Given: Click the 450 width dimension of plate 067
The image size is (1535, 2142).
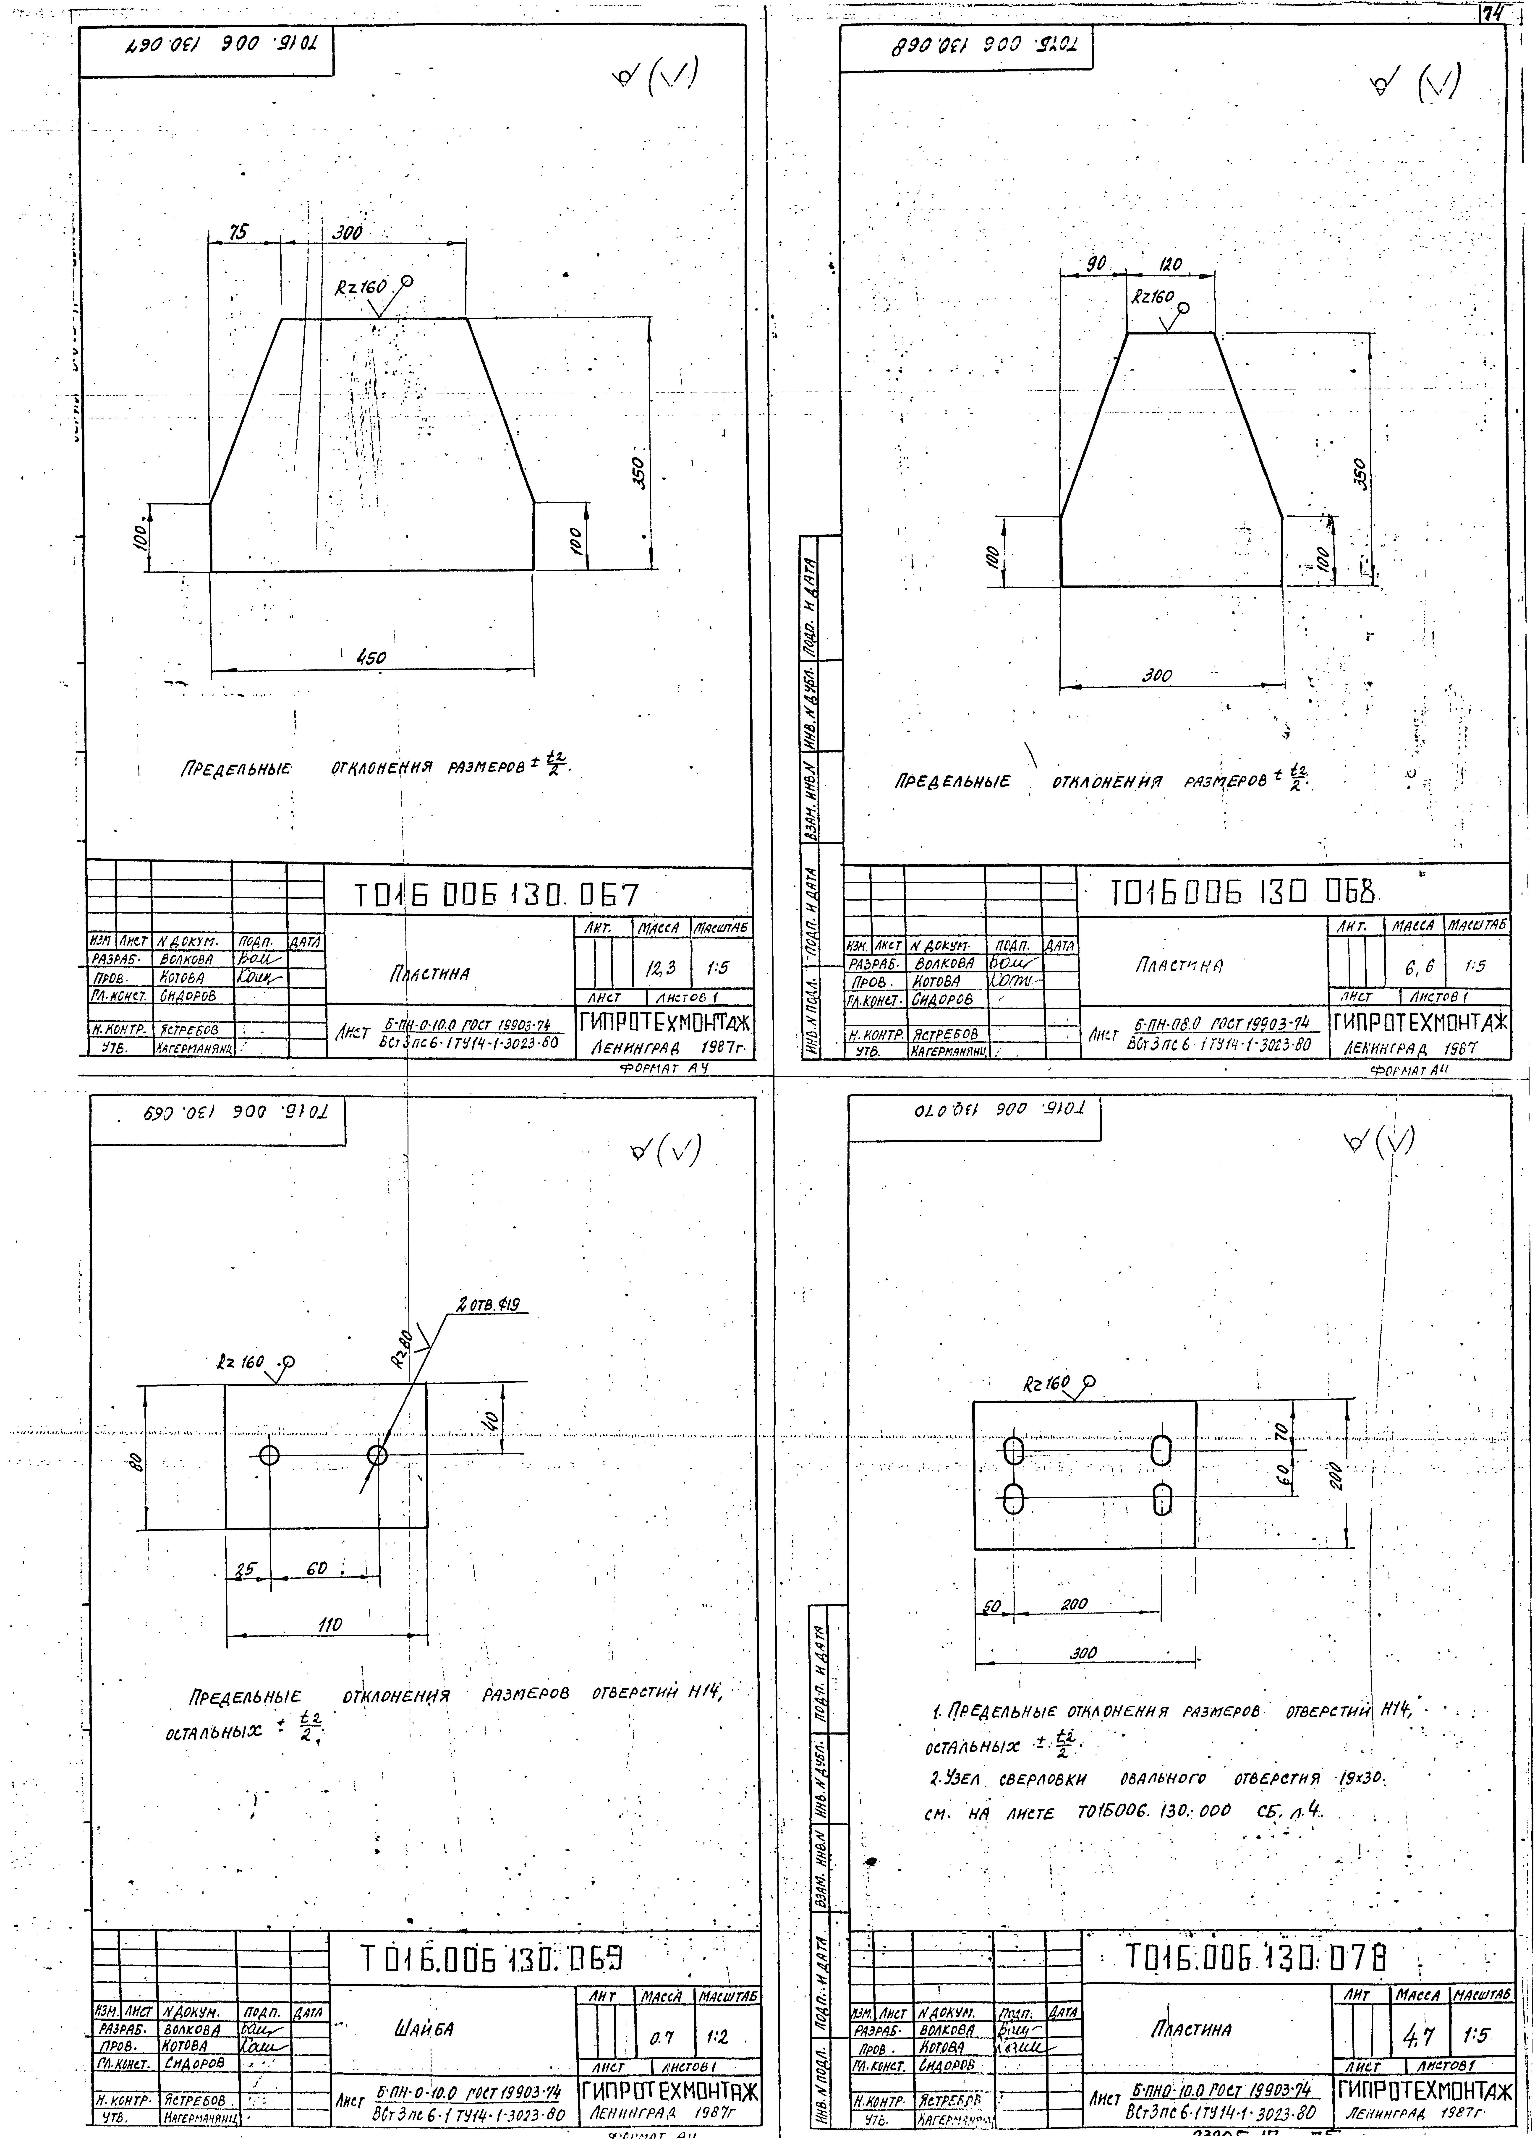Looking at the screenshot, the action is click(x=370, y=658).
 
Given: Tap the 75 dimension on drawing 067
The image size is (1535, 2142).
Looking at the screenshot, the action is click(x=241, y=231).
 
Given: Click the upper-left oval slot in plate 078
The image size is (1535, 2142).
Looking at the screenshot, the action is click(x=1014, y=1451).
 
